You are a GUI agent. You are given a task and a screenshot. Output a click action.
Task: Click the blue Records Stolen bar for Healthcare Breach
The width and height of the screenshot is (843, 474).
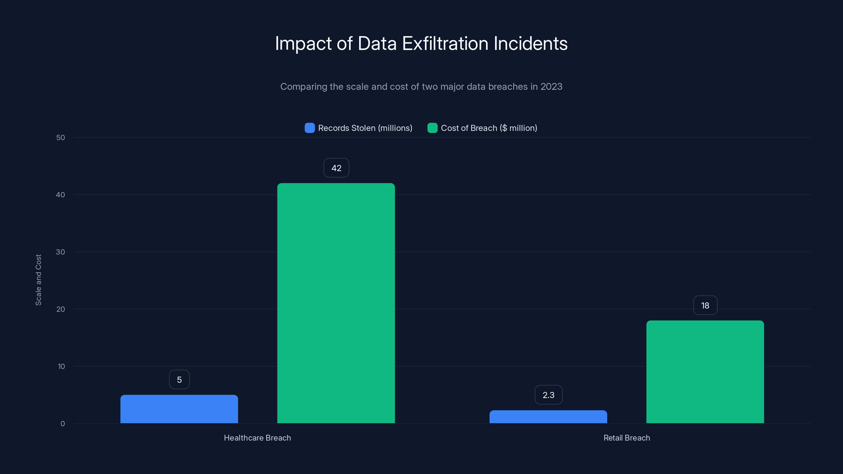[x=179, y=409]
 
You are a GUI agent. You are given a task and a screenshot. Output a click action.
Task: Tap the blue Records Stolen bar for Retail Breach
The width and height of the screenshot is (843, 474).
[x=548, y=417]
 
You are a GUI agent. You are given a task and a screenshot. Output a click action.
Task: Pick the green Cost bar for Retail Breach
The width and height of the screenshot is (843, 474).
[x=705, y=372]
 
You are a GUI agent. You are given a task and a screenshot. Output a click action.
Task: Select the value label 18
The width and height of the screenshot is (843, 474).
[x=705, y=305]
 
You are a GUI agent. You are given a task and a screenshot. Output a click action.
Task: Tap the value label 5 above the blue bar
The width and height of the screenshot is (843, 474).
[x=179, y=379]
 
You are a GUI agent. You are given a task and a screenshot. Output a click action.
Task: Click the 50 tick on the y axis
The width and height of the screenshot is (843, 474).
[x=61, y=137]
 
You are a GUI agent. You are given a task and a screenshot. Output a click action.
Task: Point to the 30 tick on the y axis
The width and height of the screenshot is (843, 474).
[x=61, y=252]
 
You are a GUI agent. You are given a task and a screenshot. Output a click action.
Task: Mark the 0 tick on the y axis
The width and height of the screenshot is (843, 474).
[x=62, y=424]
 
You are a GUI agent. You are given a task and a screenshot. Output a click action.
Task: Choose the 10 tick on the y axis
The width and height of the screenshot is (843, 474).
[x=61, y=366]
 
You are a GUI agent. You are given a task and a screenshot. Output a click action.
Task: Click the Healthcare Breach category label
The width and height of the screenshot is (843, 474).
[x=257, y=438]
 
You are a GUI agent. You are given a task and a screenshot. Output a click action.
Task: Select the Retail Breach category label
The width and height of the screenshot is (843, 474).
[x=627, y=438]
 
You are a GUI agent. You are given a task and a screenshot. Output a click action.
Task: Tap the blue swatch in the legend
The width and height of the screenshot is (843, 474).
[x=310, y=128]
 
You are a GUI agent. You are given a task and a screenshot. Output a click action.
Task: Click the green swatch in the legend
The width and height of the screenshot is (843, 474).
[x=432, y=128]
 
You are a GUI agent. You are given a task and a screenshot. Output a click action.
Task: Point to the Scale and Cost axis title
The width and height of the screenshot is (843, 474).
[x=38, y=280]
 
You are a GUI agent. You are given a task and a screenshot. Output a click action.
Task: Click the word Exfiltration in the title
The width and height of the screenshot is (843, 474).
[x=445, y=43]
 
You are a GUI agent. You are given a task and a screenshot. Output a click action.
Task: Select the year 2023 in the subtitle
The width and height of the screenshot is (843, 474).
[x=551, y=86]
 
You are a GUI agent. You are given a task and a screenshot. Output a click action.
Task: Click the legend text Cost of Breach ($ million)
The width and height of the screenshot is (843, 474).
[x=489, y=128]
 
